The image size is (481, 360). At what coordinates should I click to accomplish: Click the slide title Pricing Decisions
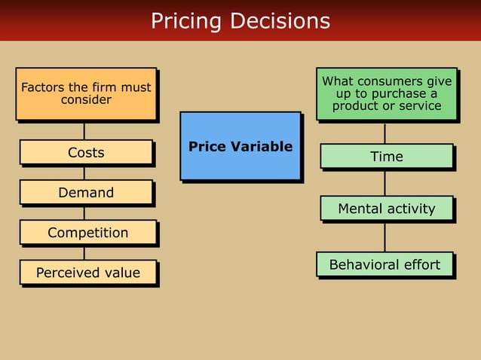point(240,20)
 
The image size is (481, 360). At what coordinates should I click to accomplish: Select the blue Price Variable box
point(240,146)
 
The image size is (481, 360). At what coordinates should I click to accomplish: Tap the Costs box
point(86,153)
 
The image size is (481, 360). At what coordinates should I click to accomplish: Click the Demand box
point(86,193)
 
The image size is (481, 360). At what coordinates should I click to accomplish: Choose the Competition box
point(87,233)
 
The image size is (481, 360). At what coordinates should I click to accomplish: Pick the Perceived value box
point(87,273)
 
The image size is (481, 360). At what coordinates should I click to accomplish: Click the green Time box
point(386,157)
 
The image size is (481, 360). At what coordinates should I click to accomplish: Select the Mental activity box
point(386,209)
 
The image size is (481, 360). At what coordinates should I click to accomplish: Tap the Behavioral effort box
point(384,265)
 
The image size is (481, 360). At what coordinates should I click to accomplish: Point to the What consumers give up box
point(386,94)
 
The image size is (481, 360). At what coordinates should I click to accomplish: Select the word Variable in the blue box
point(265,147)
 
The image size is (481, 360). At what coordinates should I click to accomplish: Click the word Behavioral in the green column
point(363,265)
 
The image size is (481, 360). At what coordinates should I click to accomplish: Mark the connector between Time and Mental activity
point(385,182)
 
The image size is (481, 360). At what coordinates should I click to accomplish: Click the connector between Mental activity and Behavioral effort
point(385,236)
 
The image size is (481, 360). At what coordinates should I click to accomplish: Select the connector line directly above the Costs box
point(84,131)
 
